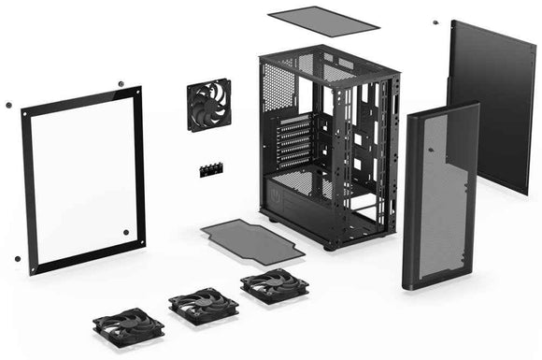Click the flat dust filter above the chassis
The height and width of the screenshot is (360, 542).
point(322,19)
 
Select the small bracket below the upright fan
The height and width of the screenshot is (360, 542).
point(210,170)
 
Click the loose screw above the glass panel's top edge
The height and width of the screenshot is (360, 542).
point(120,85)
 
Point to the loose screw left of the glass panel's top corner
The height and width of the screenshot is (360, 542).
point(8,104)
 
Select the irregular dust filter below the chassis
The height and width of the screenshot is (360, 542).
point(252,240)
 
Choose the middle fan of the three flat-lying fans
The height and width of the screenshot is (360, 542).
point(203,305)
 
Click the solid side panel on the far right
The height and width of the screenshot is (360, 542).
point(492,103)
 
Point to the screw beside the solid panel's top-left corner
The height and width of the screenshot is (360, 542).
point(435,22)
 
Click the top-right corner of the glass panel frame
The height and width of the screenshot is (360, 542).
point(139,92)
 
